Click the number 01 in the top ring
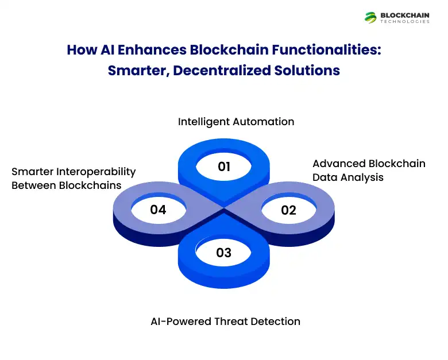(224, 167)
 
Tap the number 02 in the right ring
(288, 210)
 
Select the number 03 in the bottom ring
(223, 253)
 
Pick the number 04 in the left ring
(158, 210)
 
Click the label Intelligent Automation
(236, 122)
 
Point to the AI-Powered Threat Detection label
(225, 321)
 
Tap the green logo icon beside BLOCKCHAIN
(370, 17)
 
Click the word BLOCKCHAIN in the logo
(404, 15)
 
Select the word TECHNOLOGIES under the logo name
(404, 22)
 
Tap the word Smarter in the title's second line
(133, 71)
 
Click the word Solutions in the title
(310, 71)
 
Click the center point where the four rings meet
(223, 210)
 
